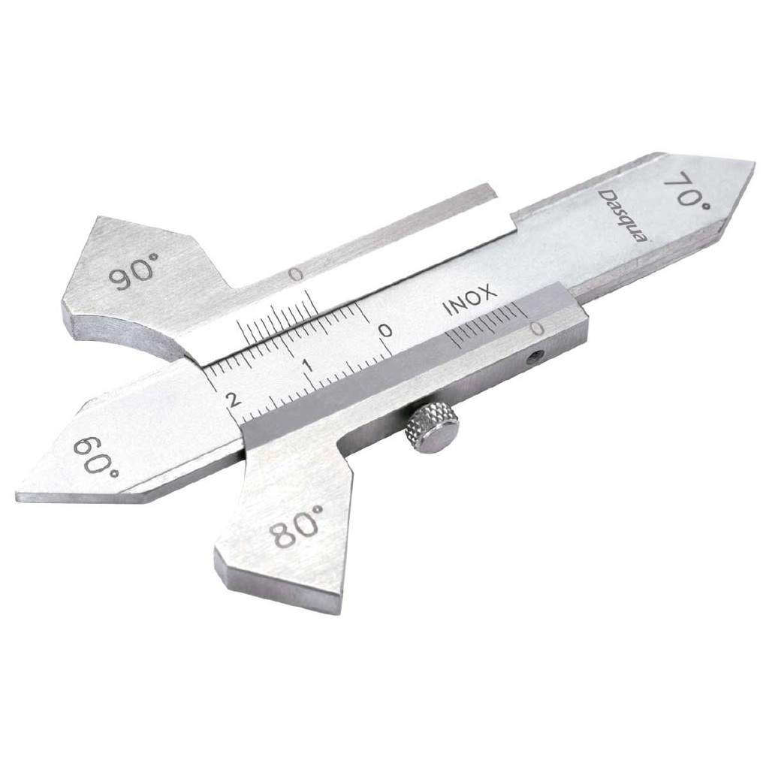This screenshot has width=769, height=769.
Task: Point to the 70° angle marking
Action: (x=686, y=191)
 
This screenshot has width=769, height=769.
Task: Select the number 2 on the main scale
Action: (x=234, y=399)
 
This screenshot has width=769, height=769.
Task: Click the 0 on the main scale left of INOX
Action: (x=384, y=330)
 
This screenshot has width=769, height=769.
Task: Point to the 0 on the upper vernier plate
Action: (x=297, y=276)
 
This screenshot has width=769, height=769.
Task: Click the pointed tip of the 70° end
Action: (x=753, y=163)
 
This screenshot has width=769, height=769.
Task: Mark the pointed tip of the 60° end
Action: (x=18, y=496)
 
